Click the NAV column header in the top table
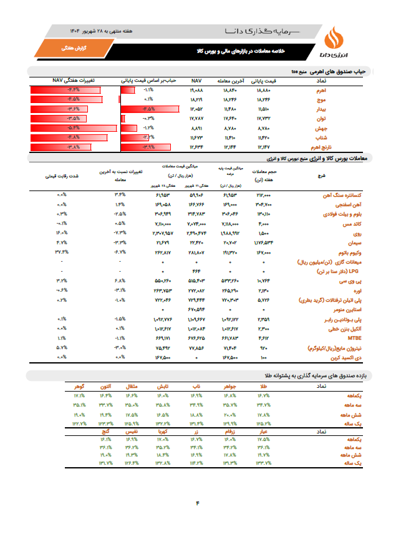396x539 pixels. tap(197, 81)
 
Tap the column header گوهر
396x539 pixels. tap(79, 387)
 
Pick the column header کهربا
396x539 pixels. tap(163, 431)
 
